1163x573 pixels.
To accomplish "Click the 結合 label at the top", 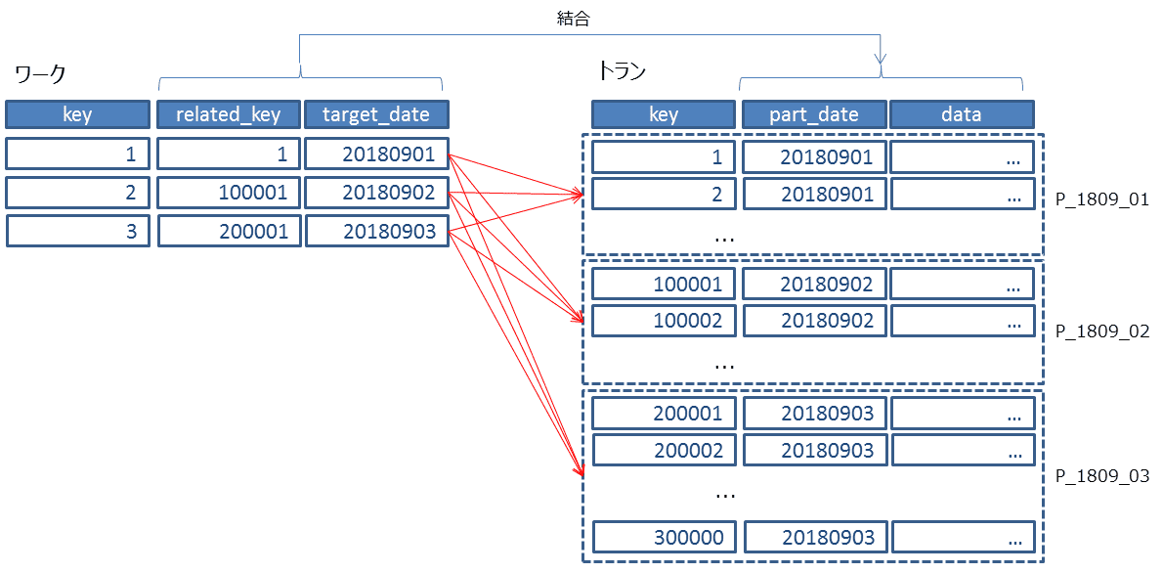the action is (574, 20).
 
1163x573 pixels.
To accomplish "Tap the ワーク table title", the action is (41, 74).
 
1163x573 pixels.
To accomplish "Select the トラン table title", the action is (622, 71).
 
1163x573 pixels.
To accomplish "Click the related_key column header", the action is (229, 114).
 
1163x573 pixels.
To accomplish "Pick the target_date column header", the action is (377, 114).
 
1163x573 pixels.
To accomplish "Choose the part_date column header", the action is (814, 114).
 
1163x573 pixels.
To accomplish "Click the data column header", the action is (962, 114).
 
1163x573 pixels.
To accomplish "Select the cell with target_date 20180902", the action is (377, 193).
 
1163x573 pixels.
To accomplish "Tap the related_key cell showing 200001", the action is (229, 231).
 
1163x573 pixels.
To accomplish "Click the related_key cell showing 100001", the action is (229, 193).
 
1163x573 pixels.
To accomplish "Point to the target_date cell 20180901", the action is (377, 154).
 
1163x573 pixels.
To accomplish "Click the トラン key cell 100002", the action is (664, 321).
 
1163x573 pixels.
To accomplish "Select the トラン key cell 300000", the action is (664, 538).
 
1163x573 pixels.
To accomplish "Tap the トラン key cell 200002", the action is (664, 451).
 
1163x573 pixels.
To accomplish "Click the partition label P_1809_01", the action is (1101, 199).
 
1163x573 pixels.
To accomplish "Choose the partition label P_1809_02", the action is (1101, 331).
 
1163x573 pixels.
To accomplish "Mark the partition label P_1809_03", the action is (1101, 476).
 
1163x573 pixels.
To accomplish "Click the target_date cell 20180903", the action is (377, 231).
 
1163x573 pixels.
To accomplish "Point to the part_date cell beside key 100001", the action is (814, 283).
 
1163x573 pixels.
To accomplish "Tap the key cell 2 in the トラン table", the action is (664, 195).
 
